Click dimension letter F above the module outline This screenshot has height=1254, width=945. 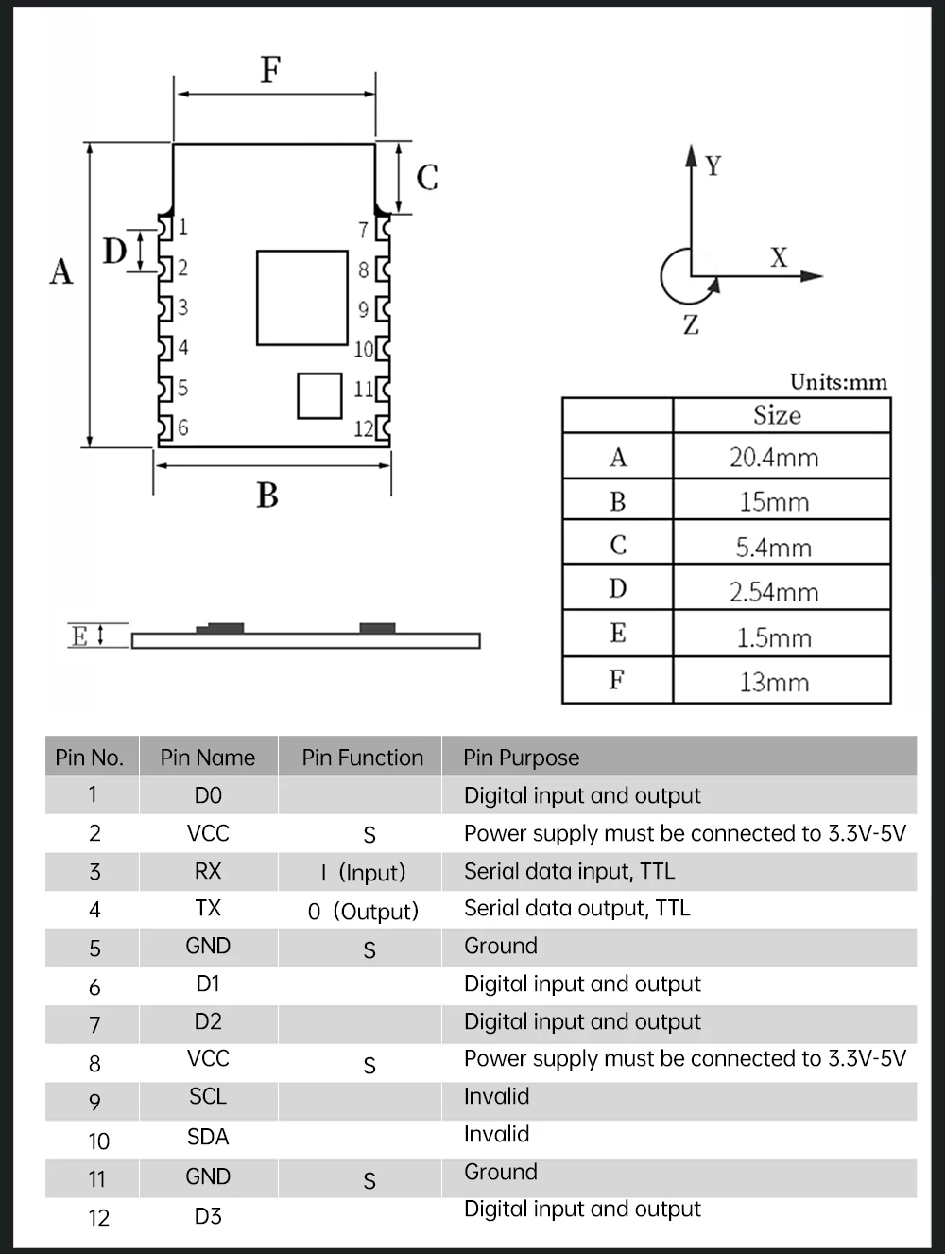coord(270,70)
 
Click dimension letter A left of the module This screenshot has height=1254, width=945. coord(61,272)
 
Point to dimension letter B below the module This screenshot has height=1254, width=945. coord(267,496)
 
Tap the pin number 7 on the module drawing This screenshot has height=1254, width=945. coord(363,230)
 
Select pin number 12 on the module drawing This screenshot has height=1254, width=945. coord(364,428)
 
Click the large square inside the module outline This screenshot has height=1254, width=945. coord(301,297)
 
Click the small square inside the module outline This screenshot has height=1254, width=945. coord(319,395)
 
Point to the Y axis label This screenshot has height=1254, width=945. coord(713,166)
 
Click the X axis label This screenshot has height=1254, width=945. coord(778,257)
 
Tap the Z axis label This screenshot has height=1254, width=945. coord(691,326)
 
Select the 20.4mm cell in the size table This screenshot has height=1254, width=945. coord(774,458)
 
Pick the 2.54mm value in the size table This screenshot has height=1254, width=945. coord(774,592)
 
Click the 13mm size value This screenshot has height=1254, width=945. coord(774,682)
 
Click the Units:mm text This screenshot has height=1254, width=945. coord(838,382)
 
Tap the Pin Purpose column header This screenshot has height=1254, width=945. coord(521,758)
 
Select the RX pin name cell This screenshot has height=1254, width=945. coord(208,871)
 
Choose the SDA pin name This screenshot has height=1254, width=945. coord(208,1137)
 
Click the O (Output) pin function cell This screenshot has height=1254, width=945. coord(363,912)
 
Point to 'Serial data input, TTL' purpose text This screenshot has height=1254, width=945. coord(569,871)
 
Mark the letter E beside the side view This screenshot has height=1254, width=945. coord(79,636)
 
